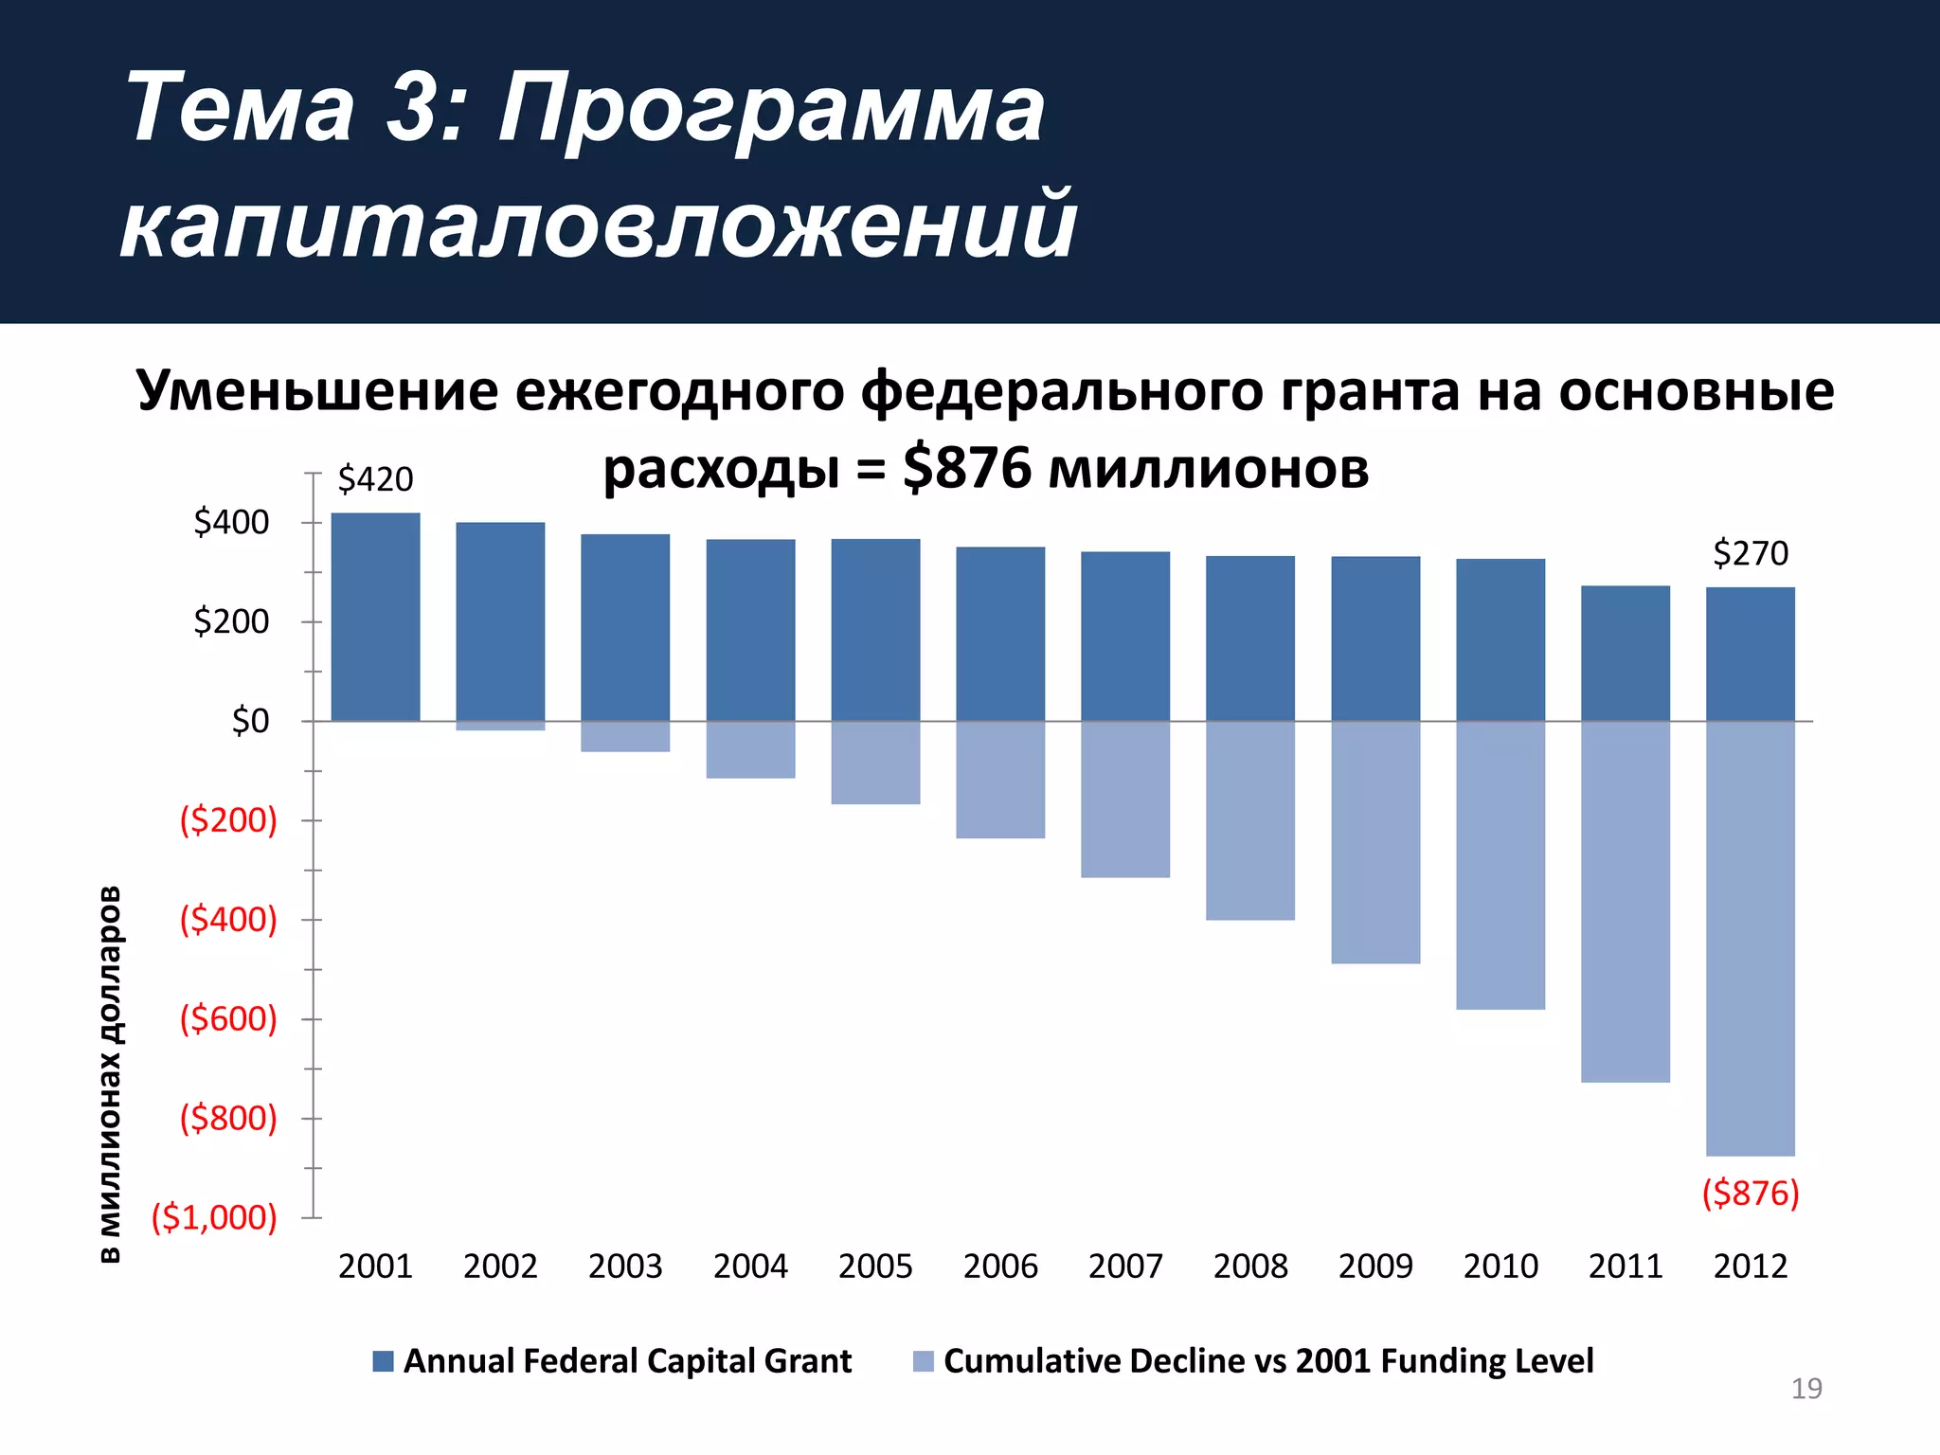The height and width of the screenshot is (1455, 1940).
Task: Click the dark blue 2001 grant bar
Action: pos(375,617)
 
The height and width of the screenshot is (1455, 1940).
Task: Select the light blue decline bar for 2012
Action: pos(1750,938)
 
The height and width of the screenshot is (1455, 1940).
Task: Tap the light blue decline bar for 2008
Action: pos(1249,820)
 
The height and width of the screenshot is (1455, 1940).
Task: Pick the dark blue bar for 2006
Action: pos(1000,634)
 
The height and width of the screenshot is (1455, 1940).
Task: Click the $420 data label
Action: pos(375,479)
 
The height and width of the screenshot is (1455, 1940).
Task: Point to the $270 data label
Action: pos(1750,553)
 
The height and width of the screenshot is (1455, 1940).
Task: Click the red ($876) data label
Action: pos(1750,1193)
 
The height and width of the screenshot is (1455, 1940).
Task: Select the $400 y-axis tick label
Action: pos(231,522)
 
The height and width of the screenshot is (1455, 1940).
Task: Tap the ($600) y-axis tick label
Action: pos(228,1019)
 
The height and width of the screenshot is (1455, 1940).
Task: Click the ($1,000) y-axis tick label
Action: pos(214,1217)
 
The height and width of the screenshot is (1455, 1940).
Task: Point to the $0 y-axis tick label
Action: pos(250,721)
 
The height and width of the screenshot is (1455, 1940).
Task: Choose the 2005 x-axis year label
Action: pos(875,1266)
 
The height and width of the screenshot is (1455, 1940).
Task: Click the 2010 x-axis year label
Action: pos(1500,1266)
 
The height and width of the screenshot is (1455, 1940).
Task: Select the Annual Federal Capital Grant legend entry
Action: pos(613,1361)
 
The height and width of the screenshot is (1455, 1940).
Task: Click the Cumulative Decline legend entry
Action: pos(1253,1361)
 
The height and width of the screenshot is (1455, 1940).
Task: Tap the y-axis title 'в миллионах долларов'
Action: pos(110,1074)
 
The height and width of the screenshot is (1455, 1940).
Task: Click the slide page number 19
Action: pos(1805,1389)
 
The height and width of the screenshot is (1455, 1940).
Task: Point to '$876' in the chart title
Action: pos(966,468)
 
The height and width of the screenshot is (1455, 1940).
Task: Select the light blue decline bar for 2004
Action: pos(750,749)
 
